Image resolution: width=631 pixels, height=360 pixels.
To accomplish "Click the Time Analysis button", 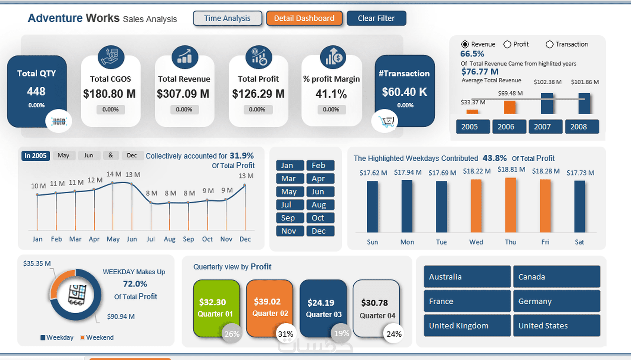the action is coord(227,18).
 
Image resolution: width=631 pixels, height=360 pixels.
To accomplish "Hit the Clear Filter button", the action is coord(376,18).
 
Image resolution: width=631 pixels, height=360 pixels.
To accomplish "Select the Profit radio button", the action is coord(507,45).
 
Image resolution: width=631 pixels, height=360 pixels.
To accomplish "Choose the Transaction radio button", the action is coord(550,45).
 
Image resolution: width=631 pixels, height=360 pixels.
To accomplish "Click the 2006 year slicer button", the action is coord(509,127).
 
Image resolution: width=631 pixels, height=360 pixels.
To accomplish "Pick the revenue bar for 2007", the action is coord(547,104).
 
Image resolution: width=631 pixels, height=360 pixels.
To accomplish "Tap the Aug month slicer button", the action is coord(320,205).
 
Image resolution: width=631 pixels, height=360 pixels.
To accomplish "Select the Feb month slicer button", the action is coord(320,166).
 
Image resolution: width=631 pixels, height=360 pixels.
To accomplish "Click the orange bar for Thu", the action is coord(511,205).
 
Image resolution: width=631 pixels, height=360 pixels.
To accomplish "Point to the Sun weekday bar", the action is coord(372,207).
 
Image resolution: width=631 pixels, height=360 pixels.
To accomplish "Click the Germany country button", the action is coord(557,301).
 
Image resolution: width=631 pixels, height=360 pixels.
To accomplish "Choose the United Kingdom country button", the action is coord(467,325).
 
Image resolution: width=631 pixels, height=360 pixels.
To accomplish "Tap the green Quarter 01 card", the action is coord(216,308).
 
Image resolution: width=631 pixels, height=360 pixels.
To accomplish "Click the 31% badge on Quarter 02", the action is coord(286,334).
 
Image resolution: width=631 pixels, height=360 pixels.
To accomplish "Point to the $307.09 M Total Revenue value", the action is coord(183,94).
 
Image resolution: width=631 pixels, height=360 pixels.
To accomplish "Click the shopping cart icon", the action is coord(385,121).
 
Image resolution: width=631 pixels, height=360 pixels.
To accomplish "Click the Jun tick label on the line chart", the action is coord(131,239).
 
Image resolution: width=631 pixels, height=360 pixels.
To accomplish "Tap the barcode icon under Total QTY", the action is coord(59,121).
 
